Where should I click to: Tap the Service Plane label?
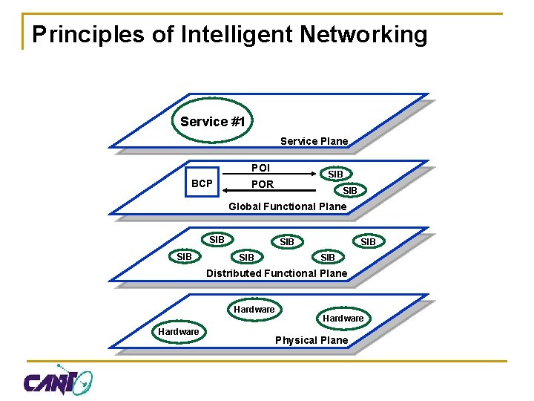coord(314,141)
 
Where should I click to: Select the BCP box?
coord(202,183)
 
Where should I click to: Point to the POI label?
coord(260,168)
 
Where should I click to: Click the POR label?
coord(262,184)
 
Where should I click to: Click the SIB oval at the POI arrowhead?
coord(335,174)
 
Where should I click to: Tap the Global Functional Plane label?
coord(287,206)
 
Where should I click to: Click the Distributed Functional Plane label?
coord(276,273)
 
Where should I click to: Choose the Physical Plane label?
coord(311,340)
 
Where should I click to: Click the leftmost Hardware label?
coord(179,331)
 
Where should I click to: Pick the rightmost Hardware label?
coord(343,318)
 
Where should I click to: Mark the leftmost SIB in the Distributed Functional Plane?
coord(184,257)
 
